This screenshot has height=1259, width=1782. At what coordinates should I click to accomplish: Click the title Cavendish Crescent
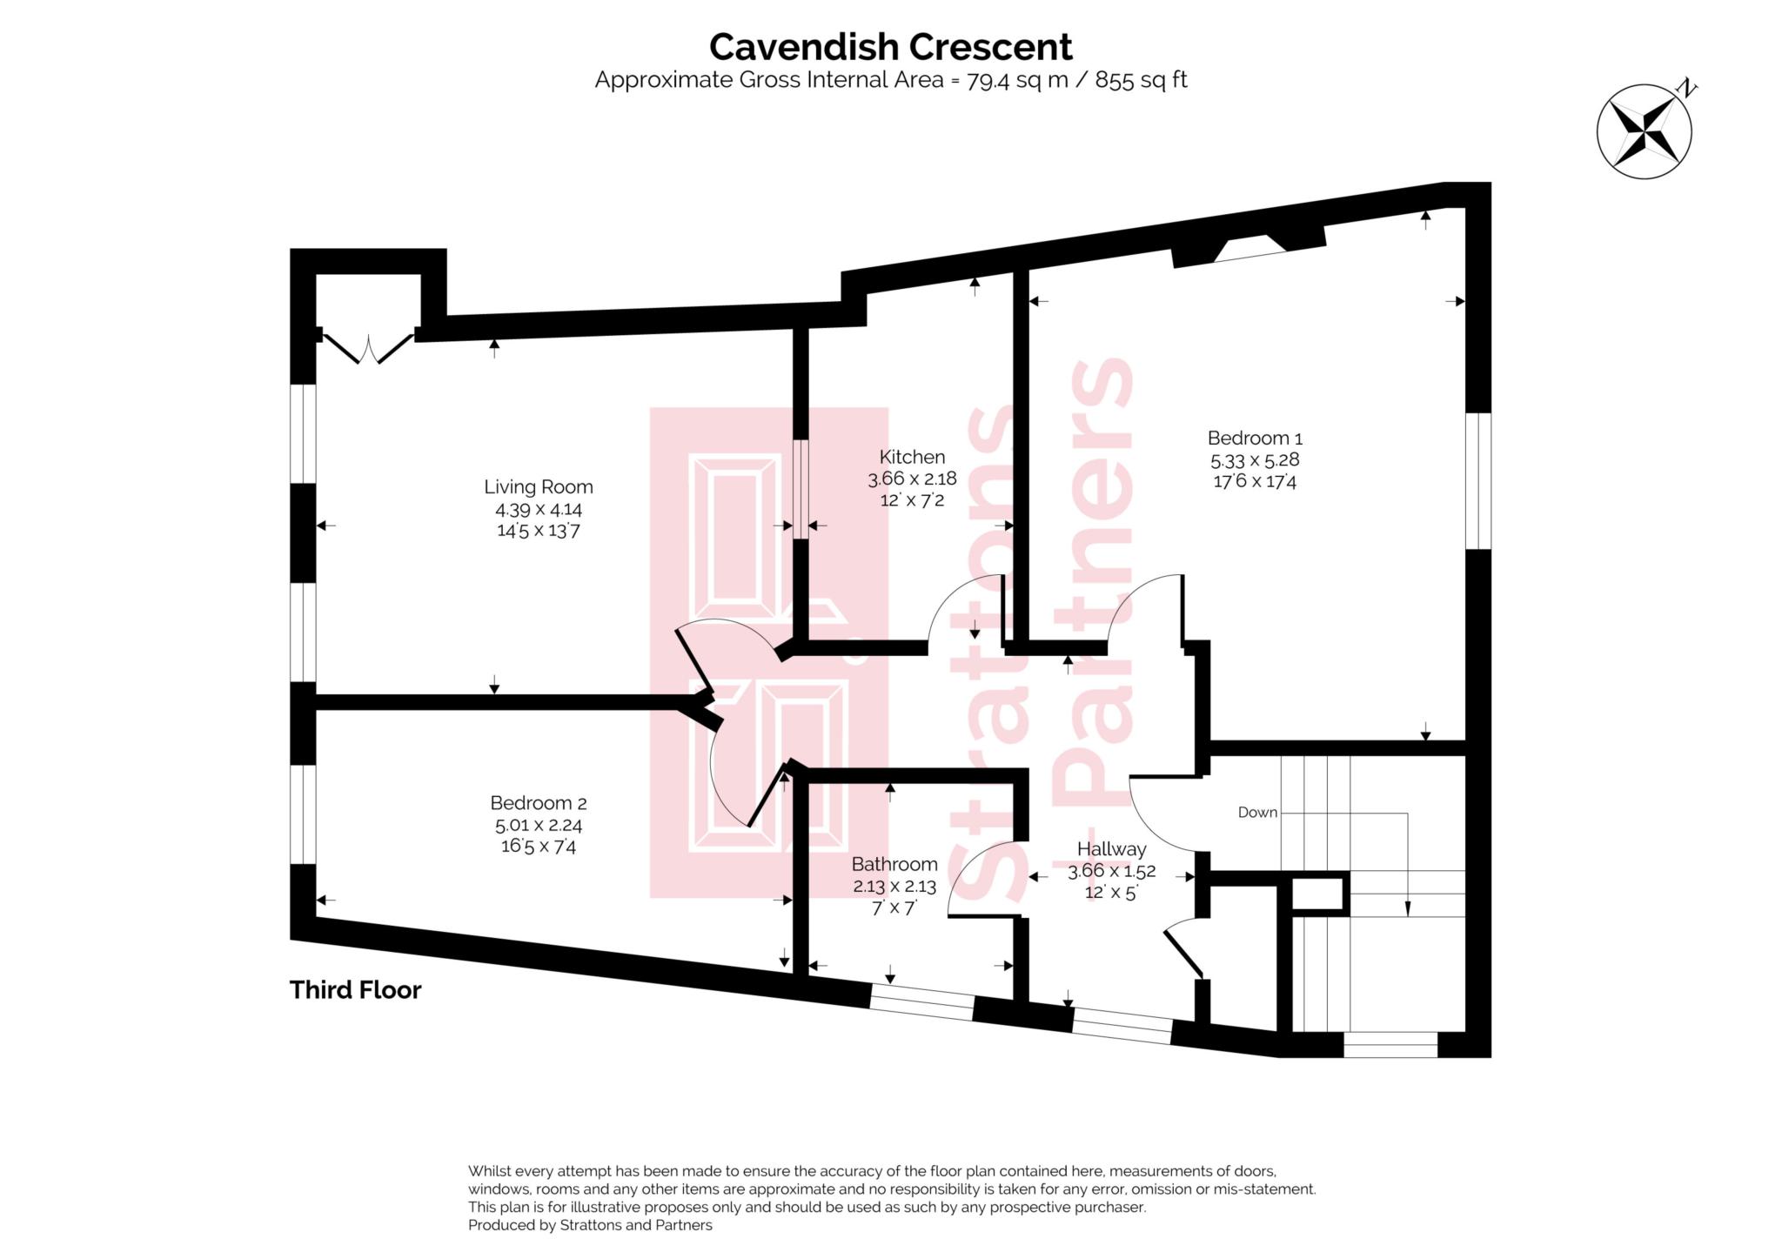pyautogui.click(x=890, y=46)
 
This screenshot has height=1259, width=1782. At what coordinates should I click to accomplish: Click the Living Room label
pyautogui.click(x=538, y=487)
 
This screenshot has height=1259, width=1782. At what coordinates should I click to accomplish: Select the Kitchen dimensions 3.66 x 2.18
pyautogui.click(x=911, y=479)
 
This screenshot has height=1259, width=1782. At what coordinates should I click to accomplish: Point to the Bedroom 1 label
pyautogui.click(x=1254, y=438)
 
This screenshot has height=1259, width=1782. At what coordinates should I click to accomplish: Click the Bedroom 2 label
pyautogui.click(x=538, y=803)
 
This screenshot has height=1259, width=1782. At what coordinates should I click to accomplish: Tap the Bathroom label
pyautogui.click(x=894, y=864)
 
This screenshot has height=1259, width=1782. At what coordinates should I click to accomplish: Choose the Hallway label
pyautogui.click(x=1111, y=848)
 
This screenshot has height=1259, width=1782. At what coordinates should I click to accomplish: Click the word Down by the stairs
pyautogui.click(x=1257, y=812)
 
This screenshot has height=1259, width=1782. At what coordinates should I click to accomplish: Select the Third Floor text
pyautogui.click(x=355, y=990)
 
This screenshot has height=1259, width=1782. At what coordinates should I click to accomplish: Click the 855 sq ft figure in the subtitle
pyautogui.click(x=1141, y=80)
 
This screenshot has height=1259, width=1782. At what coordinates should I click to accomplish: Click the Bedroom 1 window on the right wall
pyautogui.click(x=1478, y=480)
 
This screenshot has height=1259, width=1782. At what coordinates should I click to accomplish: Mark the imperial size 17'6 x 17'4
pyautogui.click(x=1254, y=481)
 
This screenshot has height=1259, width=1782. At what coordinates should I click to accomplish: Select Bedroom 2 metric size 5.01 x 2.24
pyautogui.click(x=538, y=825)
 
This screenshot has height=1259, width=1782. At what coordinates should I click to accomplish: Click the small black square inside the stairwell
pyautogui.click(x=1318, y=894)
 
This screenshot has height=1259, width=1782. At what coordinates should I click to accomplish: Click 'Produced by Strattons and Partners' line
pyautogui.click(x=590, y=1225)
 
